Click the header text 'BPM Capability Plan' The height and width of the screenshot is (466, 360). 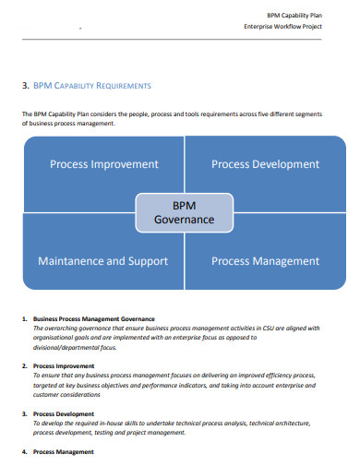click(294, 15)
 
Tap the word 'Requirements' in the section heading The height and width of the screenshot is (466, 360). click(120, 85)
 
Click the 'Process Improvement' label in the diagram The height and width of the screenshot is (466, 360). click(104, 164)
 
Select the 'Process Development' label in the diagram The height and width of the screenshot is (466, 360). click(265, 164)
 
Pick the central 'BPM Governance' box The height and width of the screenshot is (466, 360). click(183, 211)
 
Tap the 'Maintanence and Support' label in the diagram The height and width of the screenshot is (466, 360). click(102, 261)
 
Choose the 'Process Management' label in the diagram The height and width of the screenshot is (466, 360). click(265, 261)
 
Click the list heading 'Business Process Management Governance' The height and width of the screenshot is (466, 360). click(93, 318)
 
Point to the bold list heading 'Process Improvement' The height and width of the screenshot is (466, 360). click(64, 366)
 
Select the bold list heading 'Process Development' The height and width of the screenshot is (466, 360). click(64, 414)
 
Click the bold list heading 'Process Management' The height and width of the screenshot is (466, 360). click(63, 452)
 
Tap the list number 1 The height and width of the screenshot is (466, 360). click(24, 318)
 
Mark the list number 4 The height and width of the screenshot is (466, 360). click(24, 452)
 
